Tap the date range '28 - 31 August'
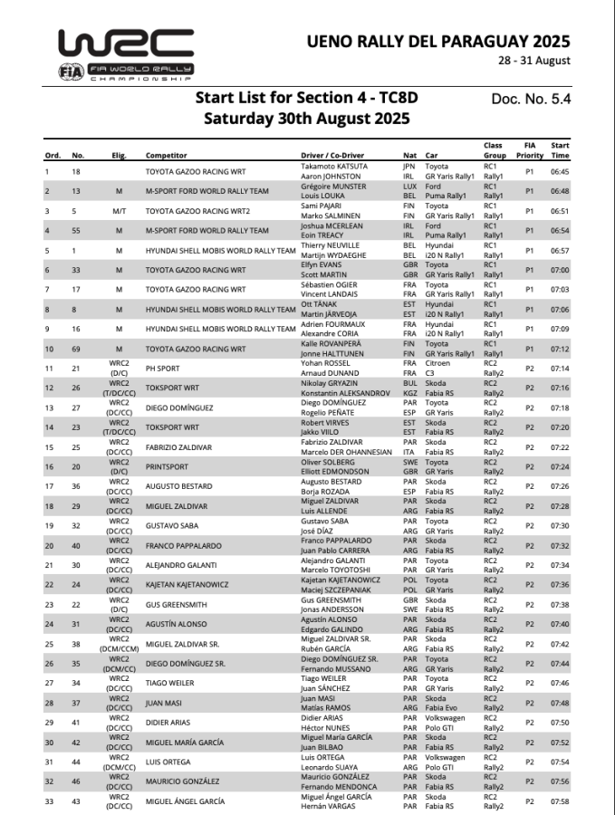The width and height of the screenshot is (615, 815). tap(534, 61)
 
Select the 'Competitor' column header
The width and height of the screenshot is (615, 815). tap(167, 155)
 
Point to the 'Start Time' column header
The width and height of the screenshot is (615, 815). tap(560, 149)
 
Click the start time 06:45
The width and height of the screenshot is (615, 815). tap(560, 171)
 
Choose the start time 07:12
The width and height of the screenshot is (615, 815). tap(560, 348)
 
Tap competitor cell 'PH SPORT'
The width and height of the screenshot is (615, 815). tap(166, 368)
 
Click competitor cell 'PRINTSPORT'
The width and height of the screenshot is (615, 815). tap(170, 466)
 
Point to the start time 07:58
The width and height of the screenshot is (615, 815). tap(560, 801)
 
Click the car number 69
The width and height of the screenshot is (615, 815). tap(77, 348)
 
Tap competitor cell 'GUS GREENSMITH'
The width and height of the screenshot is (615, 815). tap(177, 604)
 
